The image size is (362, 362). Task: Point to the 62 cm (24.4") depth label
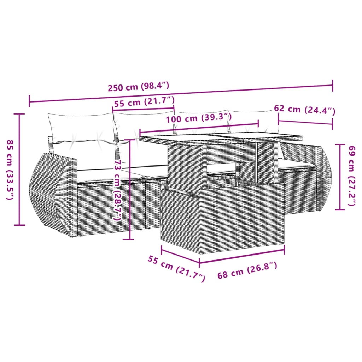(x=304, y=110)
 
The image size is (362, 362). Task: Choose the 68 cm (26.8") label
(x=247, y=271)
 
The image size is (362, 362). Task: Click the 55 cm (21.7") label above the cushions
(x=144, y=103)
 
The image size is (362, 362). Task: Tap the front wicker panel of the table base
(x=223, y=219)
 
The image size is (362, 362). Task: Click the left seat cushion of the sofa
(x=106, y=173)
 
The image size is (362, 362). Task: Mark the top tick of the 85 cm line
(x=19, y=114)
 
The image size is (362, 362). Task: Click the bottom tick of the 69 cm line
(x=340, y=209)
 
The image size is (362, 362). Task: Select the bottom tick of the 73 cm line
(x=129, y=239)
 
